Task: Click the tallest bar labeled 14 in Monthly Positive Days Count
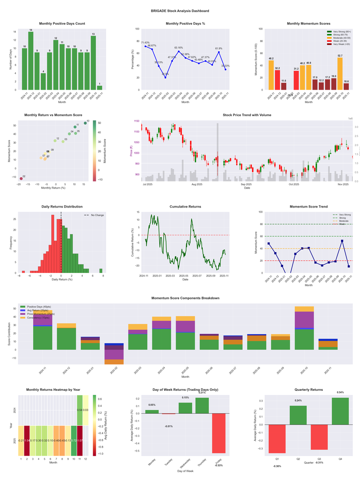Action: [x=31, y=61]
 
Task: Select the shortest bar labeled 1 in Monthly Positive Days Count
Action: [x=99, y=87]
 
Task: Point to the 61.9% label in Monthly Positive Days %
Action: [x=219, y=48]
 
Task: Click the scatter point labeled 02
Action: [x=21, y=179]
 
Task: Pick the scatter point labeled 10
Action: [x=85, y=123]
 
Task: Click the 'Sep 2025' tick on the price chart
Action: [x=246, y=184]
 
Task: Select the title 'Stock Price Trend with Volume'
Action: [x=247, y=115]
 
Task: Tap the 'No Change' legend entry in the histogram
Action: [x=97, y=215]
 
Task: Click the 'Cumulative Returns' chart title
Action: [x=185, y=207]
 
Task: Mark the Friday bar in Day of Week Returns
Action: [x=219, y=433]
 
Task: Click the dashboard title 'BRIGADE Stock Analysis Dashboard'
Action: [x=180, y=11]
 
